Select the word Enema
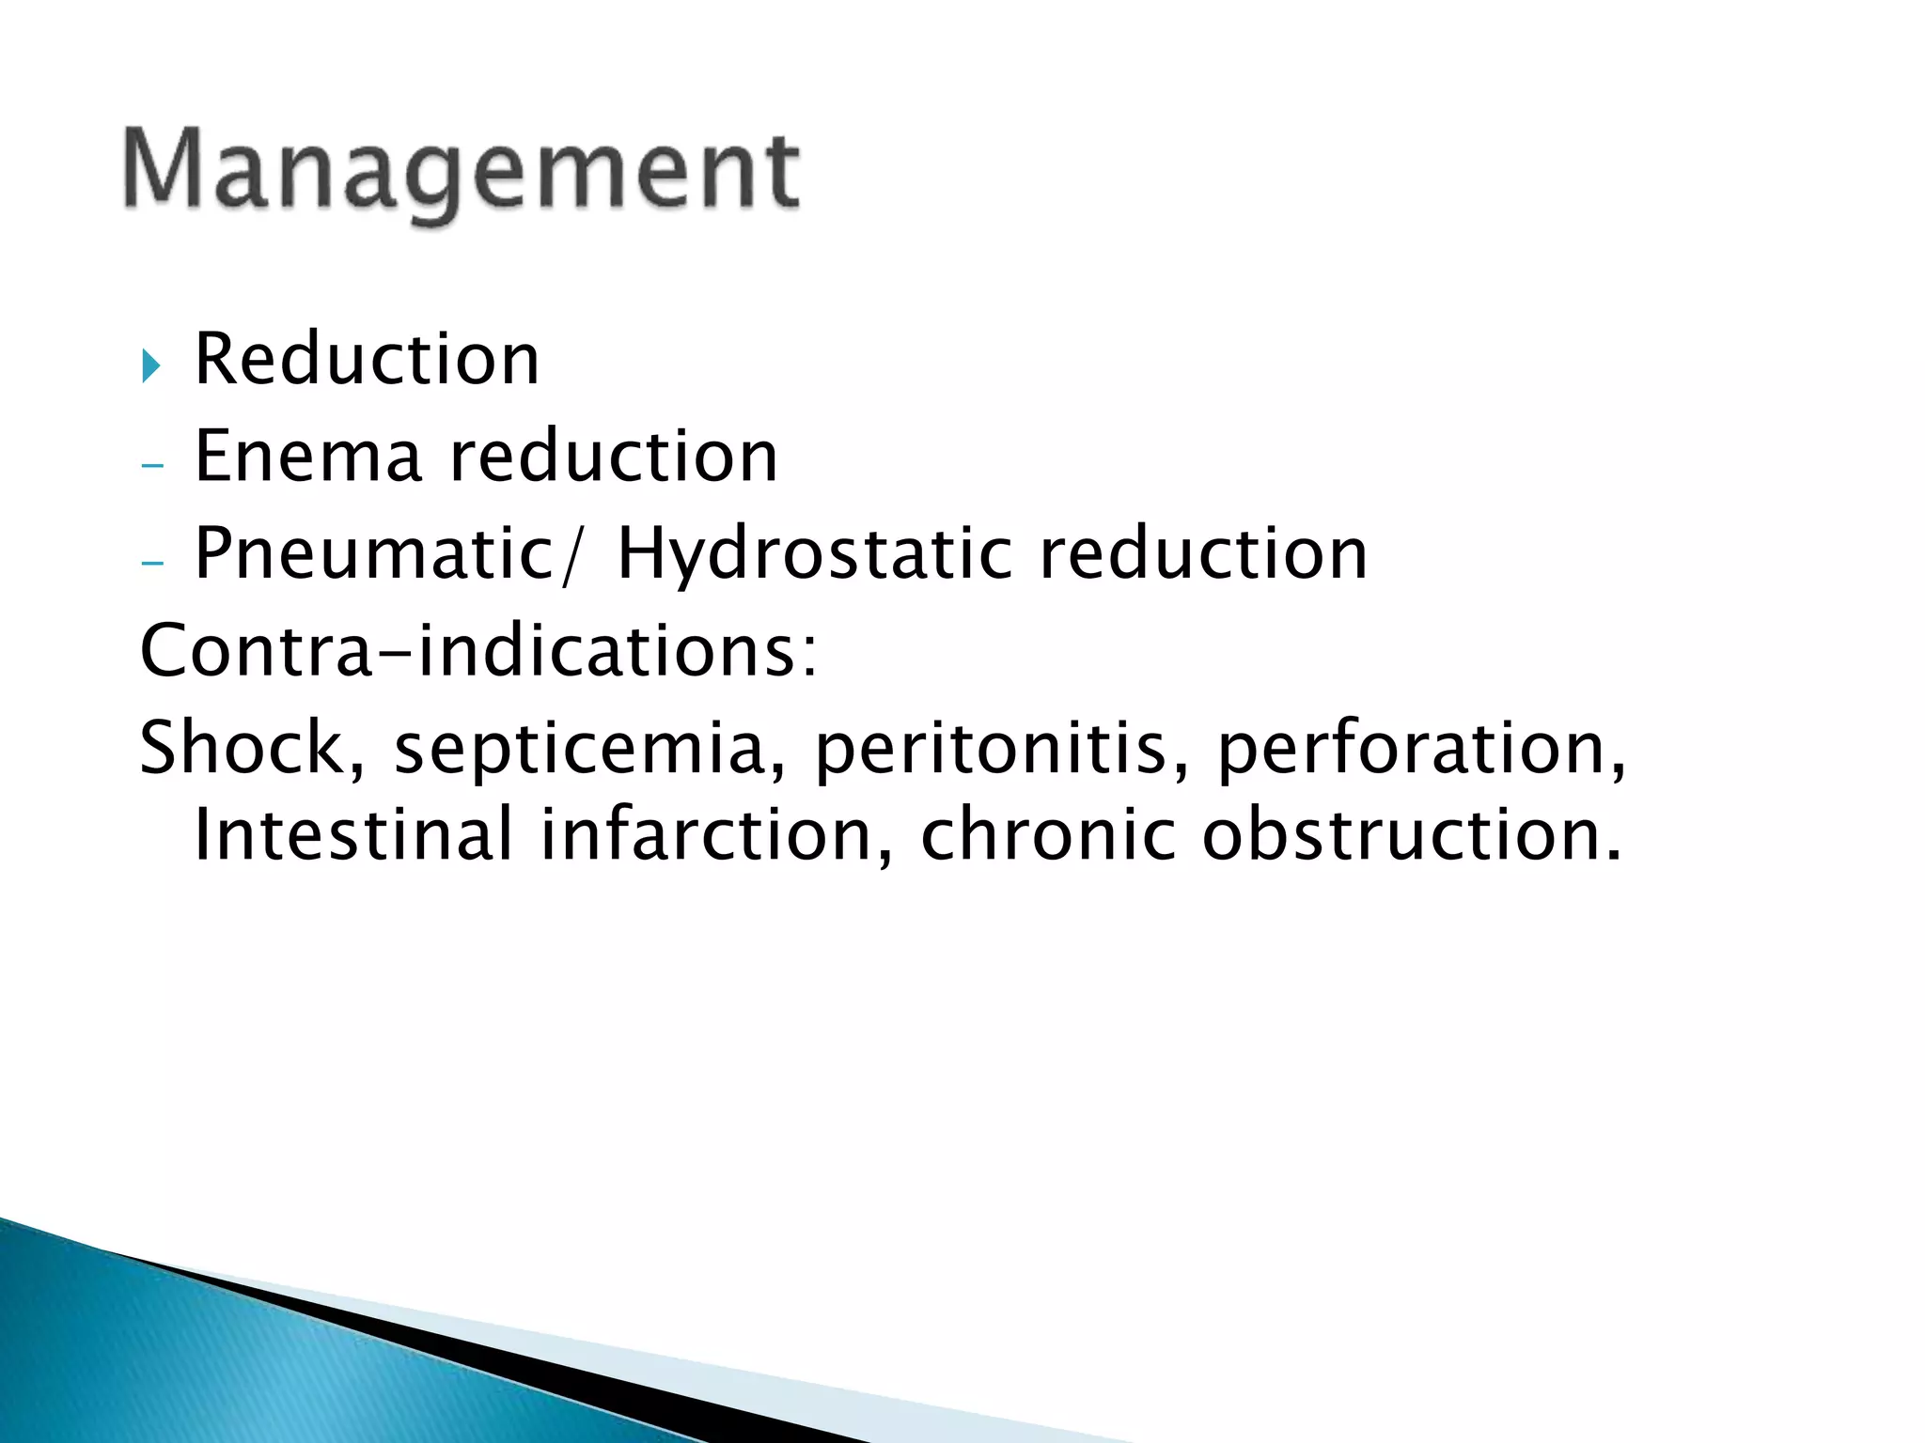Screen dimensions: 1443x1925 point(307,457)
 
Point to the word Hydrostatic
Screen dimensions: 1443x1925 point(814,554)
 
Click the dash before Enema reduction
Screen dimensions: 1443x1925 point(151,465)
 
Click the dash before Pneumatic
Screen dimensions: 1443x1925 point(151,563)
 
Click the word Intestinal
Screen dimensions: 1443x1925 point(353,834)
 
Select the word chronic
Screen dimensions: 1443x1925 point(1047,834)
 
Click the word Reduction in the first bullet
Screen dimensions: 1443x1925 point(367,359)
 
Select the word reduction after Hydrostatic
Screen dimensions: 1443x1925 point(1203,554)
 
